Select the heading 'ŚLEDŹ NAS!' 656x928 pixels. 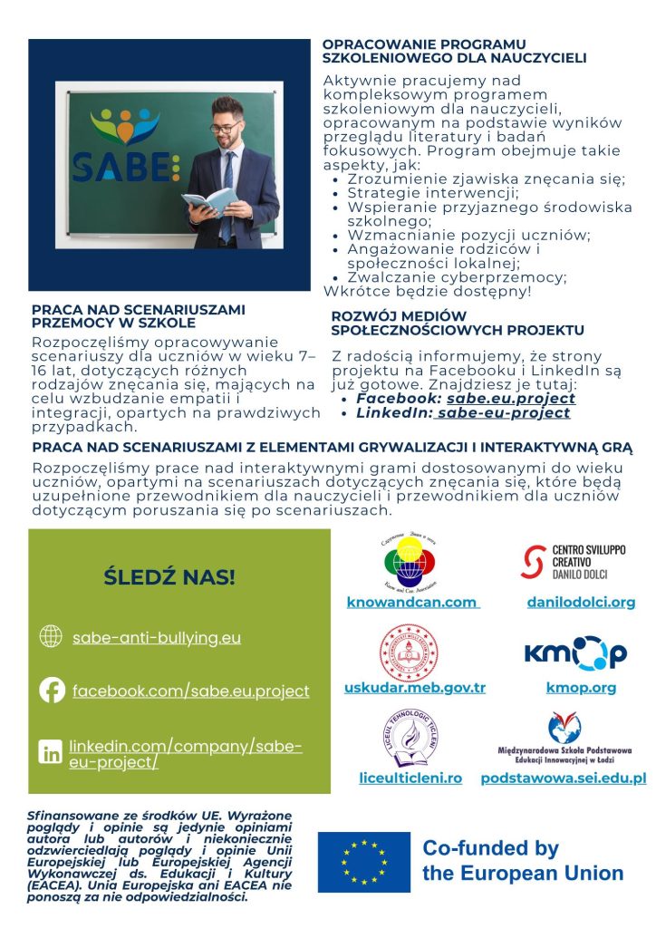point(169,576)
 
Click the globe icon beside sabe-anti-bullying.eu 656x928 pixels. point(51,637)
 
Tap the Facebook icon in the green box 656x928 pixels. point(52,691)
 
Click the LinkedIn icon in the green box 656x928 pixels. point(51,752)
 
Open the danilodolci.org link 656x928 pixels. point(581,602)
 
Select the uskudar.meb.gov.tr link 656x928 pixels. point(415,688)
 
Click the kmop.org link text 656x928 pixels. point(581,688)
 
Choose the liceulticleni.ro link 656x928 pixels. point(410,778)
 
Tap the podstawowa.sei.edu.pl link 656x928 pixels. point(563,778)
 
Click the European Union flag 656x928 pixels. point(363,862)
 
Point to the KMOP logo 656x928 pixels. point(574,653)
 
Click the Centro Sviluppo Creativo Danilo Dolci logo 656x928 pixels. point(576,562)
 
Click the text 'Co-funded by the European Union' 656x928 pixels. point(523,862)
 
